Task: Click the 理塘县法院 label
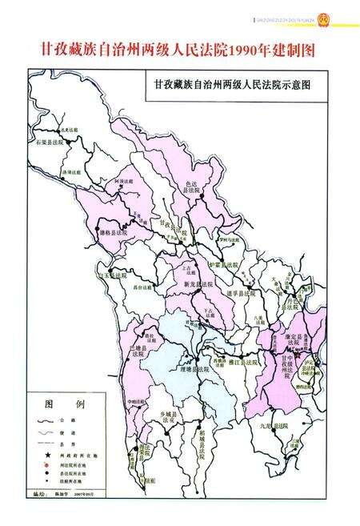coord(194,370)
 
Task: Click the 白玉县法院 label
coord(113,275)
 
